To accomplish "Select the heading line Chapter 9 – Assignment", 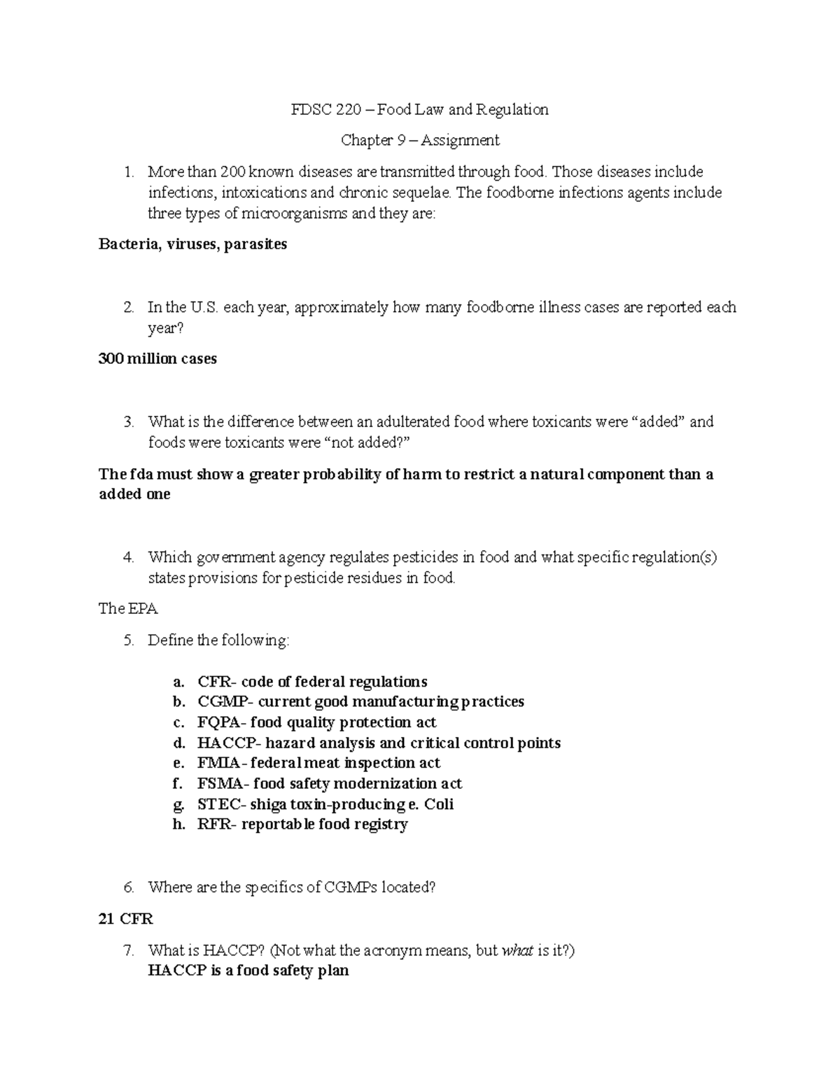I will pyautogui.click(x=420, y=141).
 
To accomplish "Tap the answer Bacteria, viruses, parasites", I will pyautogui.click(x=192, y=245).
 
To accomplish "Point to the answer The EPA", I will pyautogui.click(x=128, y=609).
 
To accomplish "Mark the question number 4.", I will pyautogui.click(x=127, y=558).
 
